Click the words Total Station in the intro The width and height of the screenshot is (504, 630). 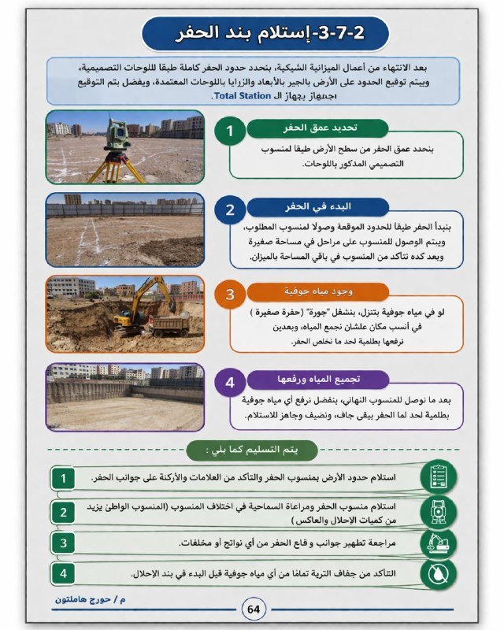click(243, 95)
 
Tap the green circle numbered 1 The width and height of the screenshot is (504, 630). click(230, 131)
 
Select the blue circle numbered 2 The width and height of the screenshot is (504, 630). click(230, 210)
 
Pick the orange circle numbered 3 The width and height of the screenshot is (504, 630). click(230, 295)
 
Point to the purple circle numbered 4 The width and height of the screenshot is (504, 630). click(230, 383)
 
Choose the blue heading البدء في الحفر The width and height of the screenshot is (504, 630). click(315, 207)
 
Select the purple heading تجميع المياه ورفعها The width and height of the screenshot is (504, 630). click(315, 380)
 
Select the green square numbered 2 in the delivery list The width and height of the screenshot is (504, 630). click(64, 513)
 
